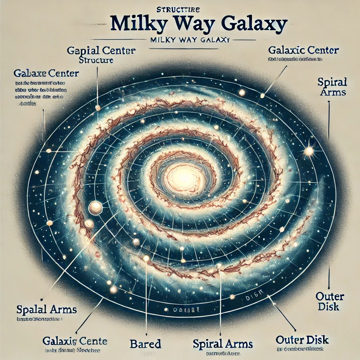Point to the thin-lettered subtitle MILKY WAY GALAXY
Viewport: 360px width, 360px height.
pos(189,40)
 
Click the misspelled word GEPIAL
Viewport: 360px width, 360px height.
pos(84,51)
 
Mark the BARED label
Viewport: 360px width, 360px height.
pos(145,343)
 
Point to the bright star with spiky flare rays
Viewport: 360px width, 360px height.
pos(309,151)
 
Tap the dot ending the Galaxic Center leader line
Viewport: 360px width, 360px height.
pos(262,95)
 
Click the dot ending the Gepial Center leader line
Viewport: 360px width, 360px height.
pos(98,108)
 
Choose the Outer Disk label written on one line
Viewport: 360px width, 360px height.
pos(302,340)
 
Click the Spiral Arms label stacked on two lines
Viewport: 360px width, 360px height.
pos(332,87)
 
